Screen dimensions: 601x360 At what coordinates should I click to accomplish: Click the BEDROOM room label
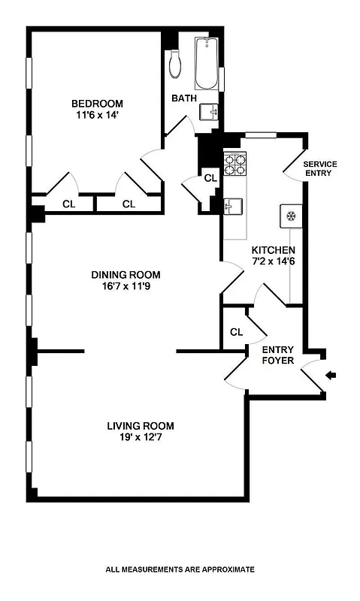(97, 104)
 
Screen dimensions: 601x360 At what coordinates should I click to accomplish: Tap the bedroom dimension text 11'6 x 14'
(97, 116)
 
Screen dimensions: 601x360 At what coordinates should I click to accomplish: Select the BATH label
(183, 98)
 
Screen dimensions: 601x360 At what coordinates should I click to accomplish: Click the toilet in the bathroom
(176, 64)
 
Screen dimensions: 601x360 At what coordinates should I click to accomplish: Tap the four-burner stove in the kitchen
(235, 163)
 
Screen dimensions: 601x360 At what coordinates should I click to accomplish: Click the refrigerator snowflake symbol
(290, 216)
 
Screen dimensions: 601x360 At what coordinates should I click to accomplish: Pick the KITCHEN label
(274, 250)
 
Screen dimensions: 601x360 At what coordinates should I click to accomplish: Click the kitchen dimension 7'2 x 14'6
(274, 262)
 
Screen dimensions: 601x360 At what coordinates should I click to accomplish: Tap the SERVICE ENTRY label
(319, 168)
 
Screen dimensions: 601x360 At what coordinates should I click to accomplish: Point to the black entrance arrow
(331, 375)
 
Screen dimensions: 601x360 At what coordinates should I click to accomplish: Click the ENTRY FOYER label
(277, 355)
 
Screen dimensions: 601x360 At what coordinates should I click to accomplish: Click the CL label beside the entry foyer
(236, 331)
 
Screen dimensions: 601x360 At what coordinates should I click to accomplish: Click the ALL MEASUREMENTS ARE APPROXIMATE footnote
(180, 569)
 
